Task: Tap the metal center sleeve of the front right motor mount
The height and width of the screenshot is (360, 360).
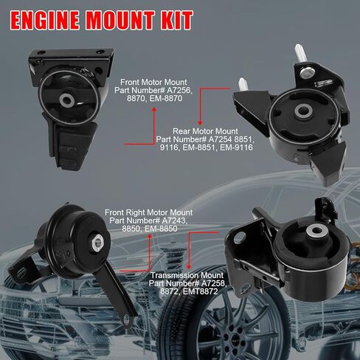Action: tap(97, 238)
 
